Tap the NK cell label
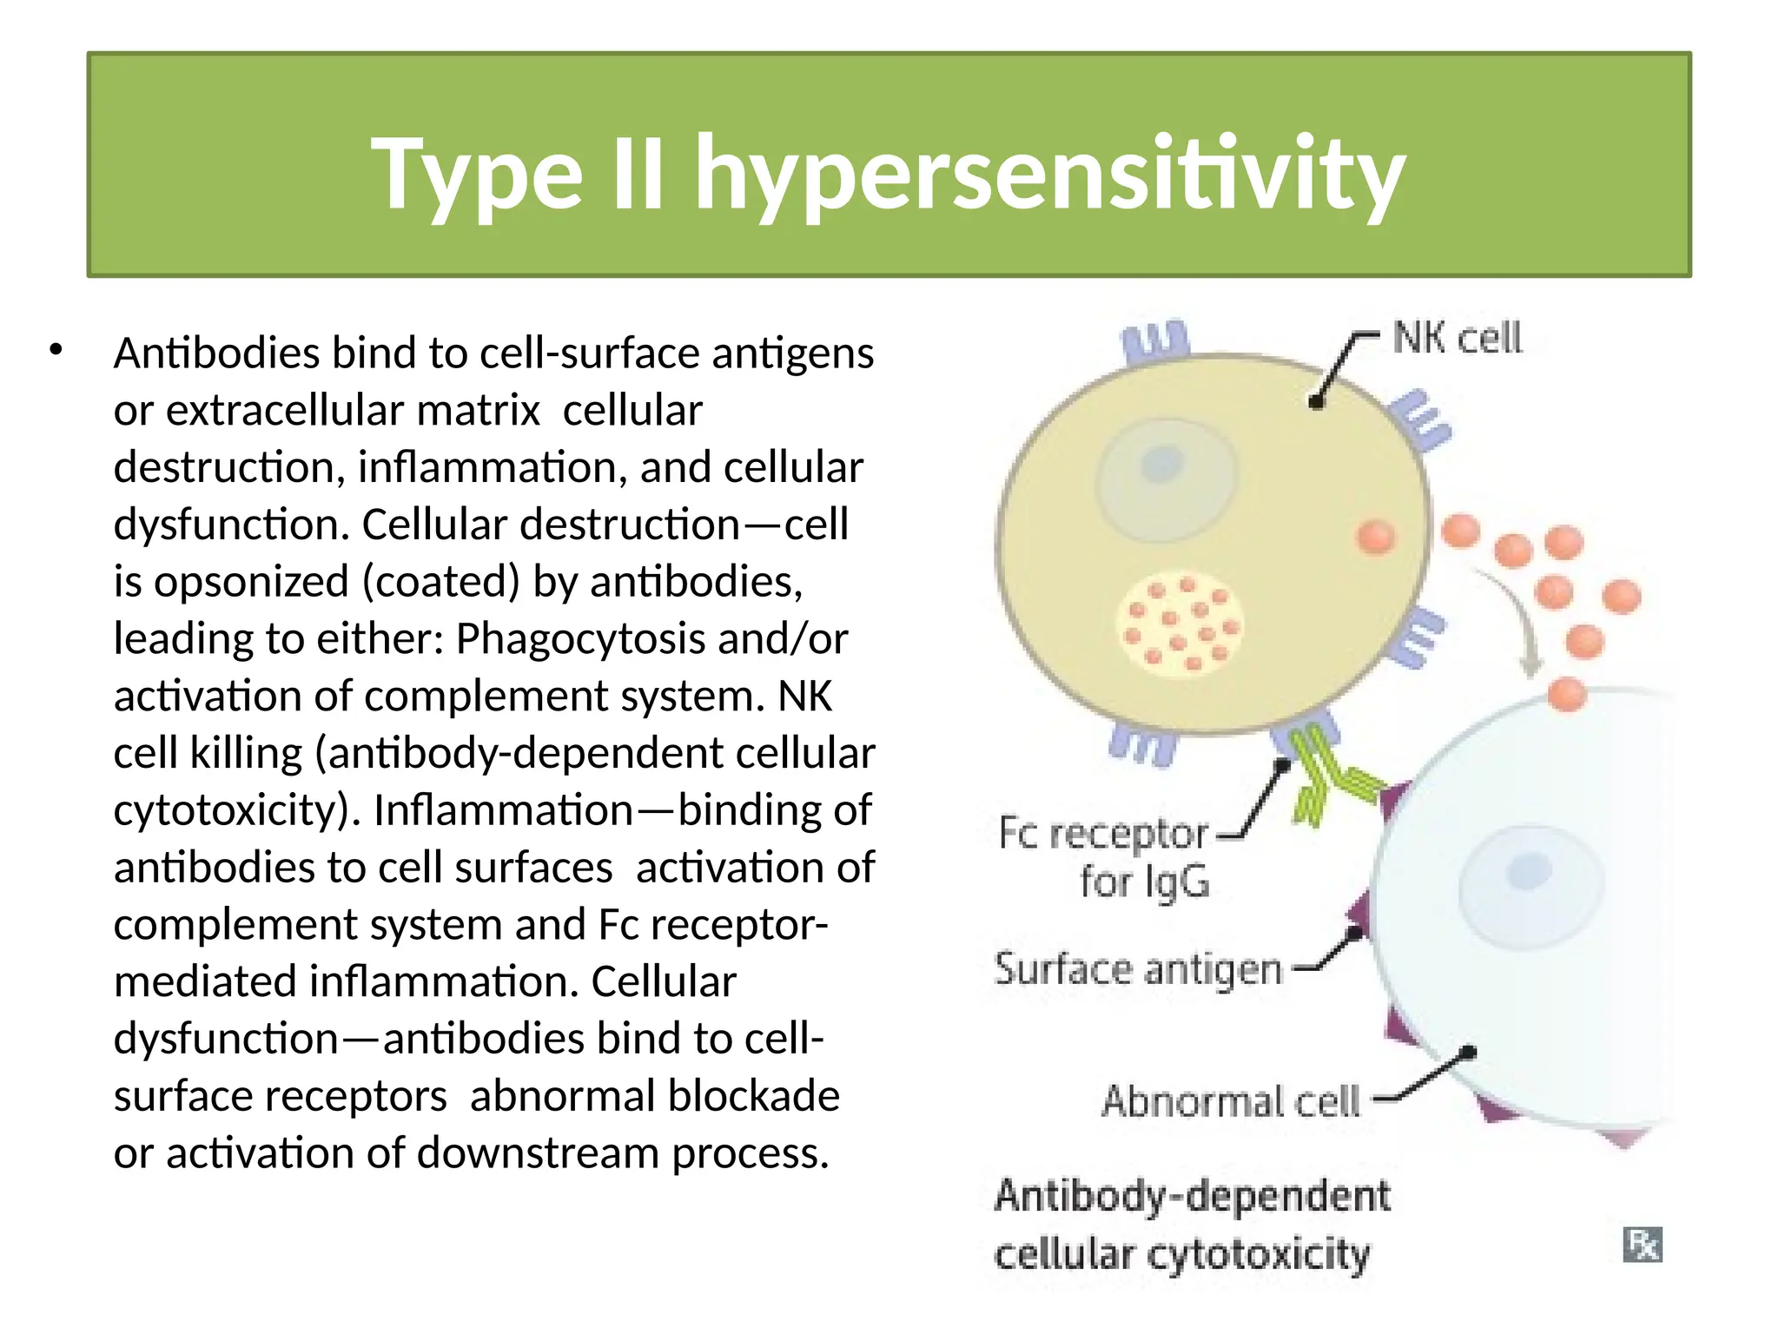[x=1457, y=338]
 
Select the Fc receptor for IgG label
[x=1104, y=856]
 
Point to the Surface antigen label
[x=1138, y=969]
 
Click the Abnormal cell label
[x=1230, y=1101]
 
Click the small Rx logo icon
[x=1642, y=1245]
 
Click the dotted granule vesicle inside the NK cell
[x=1179, y=625]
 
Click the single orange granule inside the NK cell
[x=1375, y=536]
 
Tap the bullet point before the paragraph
[x=56, y=351]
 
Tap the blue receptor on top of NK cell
[x=1155, y=340]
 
